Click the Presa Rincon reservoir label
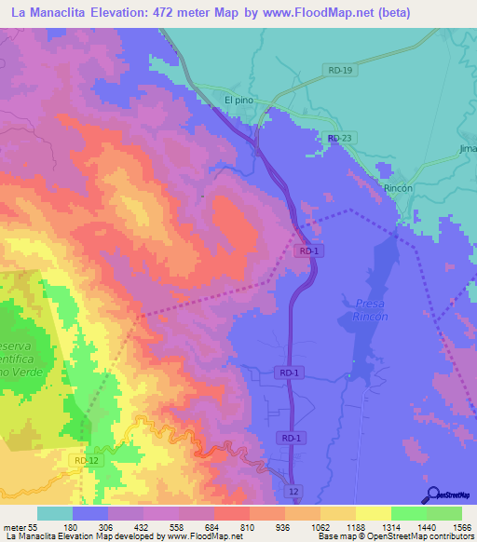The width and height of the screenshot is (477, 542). tap(371, 309)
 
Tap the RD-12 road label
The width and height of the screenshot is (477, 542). tap(84, 459)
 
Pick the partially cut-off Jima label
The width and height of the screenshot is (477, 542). tap(467, 148)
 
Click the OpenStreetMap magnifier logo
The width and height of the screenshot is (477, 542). tap(432, 495)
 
